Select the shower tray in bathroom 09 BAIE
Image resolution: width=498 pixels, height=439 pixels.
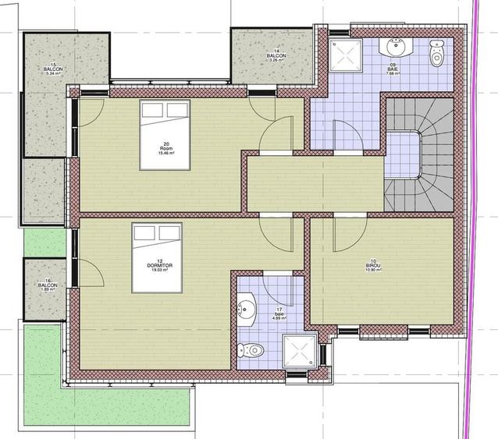tap(344, 52)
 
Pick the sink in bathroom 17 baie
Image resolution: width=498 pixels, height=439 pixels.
tap(247, 309)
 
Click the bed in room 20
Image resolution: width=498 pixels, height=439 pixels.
tap(165, 134)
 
